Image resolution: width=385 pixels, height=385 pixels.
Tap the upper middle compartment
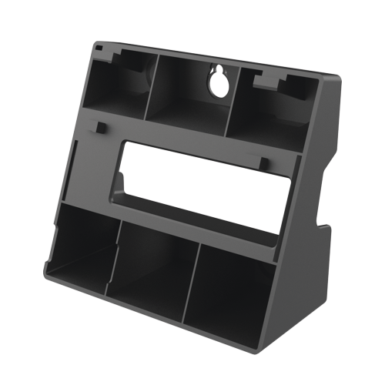pos(189,92)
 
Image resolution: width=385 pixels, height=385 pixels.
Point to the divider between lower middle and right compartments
pos(189,281)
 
